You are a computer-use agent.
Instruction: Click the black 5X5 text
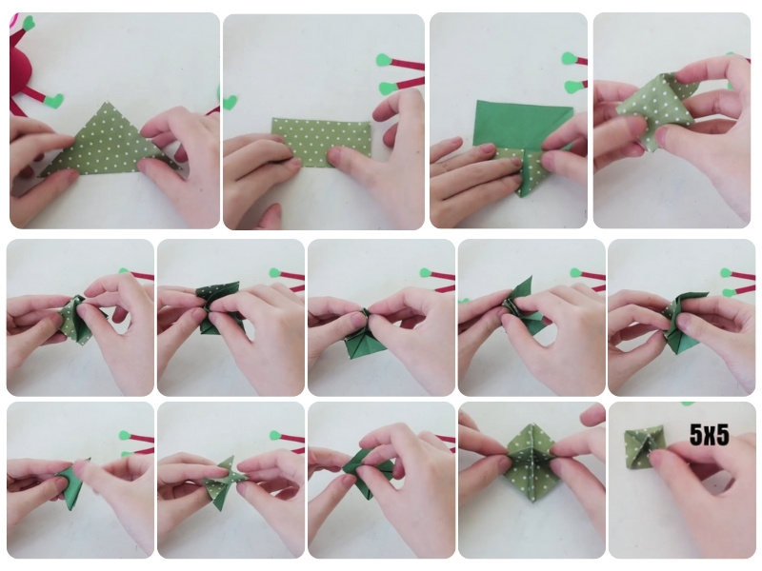(x=709, y=435)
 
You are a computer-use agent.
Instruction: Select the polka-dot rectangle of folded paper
(x=321, y=142)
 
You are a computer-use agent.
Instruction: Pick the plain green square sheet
(x=522, y=124)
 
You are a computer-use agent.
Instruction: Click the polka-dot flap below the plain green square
(x=528, y=170)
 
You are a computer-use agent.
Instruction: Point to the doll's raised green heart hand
(x=29, y=21)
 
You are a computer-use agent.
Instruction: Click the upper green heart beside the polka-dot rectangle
(x=385, y=60)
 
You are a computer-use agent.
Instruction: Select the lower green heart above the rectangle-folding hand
(x=388, y=88)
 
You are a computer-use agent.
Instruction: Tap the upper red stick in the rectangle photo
(x=408, y=63)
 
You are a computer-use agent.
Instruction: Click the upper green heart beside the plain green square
(x=569, y=59)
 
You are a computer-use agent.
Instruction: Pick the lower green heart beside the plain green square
(x=571, y=87)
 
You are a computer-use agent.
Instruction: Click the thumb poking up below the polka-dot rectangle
(x=271, y=215)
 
